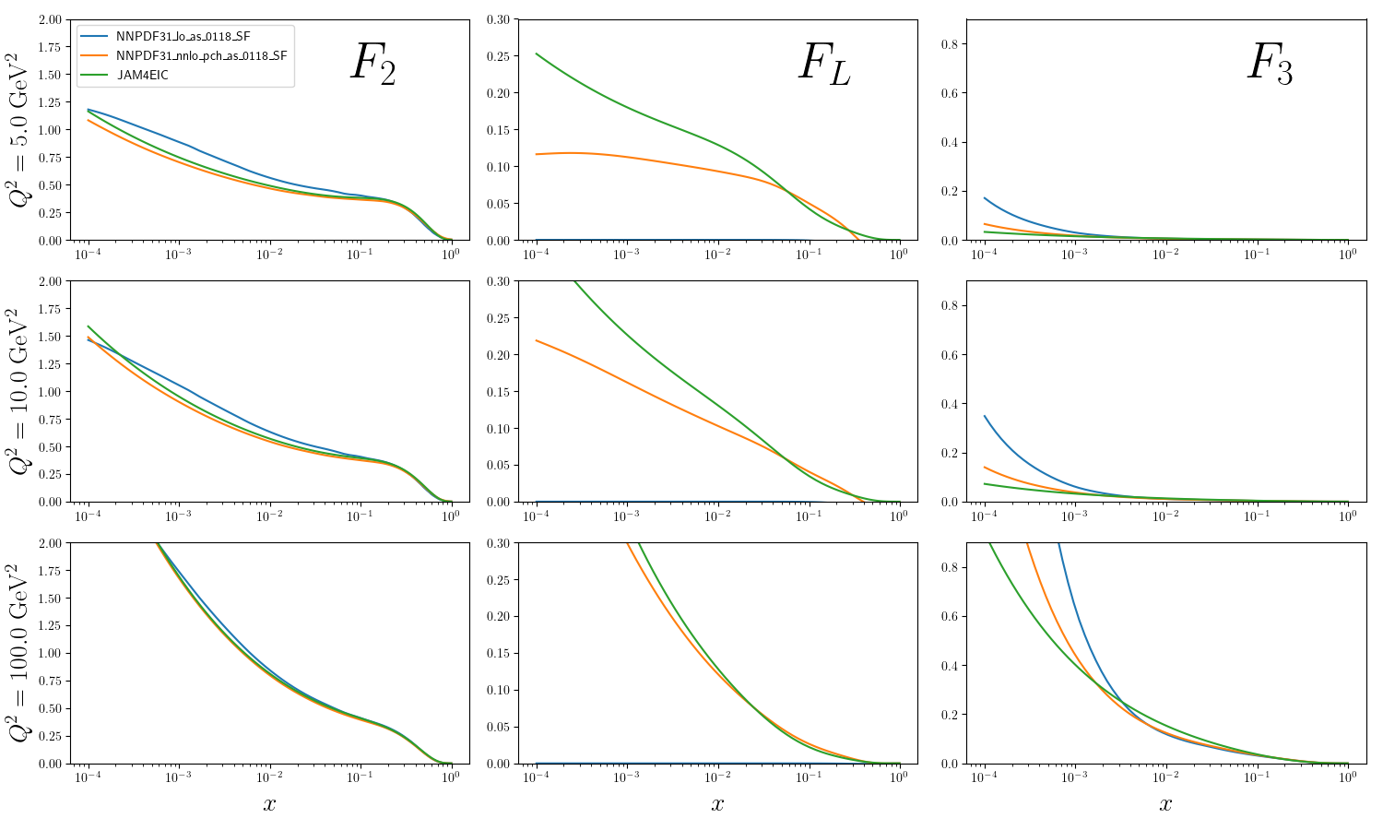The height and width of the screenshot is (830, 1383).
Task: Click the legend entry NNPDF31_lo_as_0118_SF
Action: [x=183, y=36]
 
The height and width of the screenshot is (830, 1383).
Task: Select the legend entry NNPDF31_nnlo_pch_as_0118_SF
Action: [x=201, y=55]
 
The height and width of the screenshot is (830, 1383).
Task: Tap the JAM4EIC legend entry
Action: [x=142, y=75]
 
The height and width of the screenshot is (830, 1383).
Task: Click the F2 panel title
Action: [x=373, y=65]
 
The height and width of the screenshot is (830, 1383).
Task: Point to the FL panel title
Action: [x=824, y=65]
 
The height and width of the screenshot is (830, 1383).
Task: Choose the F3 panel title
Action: [x=1271, y=65]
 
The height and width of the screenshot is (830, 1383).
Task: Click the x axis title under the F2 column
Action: [x=269, y=804]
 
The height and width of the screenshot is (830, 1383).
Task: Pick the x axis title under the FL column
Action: [x=717, y=804]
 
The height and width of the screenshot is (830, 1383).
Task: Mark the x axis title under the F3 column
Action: [x=1165, y=804]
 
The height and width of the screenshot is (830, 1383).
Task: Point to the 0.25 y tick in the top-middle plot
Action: [x=498, y=56]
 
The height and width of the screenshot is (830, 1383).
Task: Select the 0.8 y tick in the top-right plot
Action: [x=950, y=44]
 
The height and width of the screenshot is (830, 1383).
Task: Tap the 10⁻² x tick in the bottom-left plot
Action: [x=269, y=777]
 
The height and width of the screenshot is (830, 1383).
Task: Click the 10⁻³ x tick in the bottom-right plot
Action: [x=1075, y=777]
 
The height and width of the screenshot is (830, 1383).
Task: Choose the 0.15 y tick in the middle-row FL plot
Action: [x=498, y=392]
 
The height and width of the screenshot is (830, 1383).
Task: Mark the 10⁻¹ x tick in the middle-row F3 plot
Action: [x=1257, y=515]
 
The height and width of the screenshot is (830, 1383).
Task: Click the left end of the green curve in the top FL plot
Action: [x=537, y=53]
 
